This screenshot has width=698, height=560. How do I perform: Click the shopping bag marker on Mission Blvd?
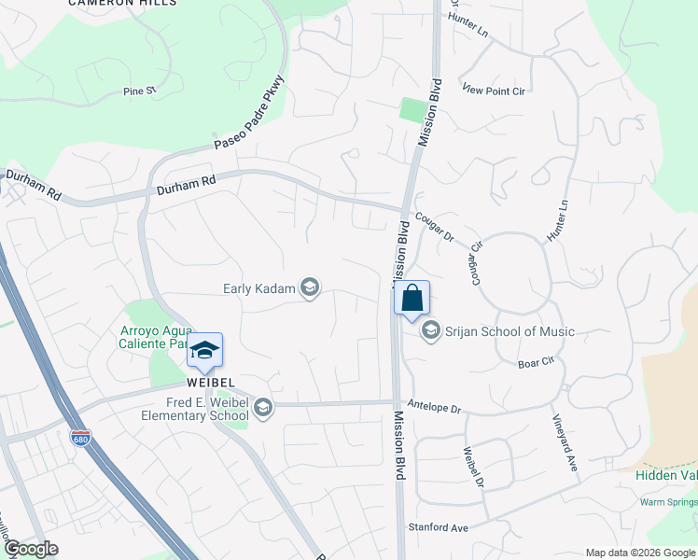click(412, 300)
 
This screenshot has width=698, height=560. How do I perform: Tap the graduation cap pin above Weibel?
click(204, 351)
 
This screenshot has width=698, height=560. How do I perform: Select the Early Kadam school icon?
click(309, 288)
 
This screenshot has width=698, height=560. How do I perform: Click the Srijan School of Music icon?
click(431, 330)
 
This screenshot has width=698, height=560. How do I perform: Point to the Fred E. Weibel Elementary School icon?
click(264, 406)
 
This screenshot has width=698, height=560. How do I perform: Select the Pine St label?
click(139, 91)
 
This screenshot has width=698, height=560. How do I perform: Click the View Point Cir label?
click(494, 89)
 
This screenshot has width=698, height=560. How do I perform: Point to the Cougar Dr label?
click(434, 226)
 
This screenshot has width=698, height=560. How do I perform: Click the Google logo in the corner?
click(31, 549)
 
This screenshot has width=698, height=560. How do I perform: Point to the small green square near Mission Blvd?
click(411, 109)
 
